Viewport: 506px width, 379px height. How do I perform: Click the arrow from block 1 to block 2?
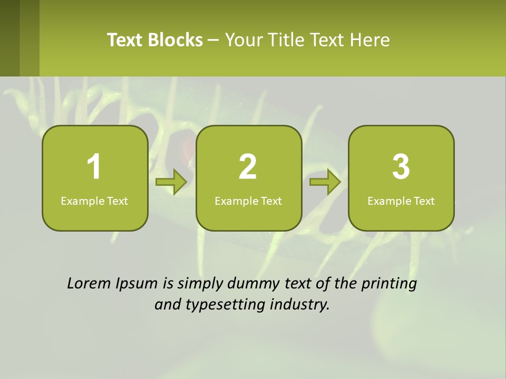point(171,182)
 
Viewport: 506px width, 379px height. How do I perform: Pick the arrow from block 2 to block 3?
point(325,182)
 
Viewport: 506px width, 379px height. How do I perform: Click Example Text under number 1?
point(94,201)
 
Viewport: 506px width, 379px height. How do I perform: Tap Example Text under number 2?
point(248,201)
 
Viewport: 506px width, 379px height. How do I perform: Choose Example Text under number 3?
point(401,201)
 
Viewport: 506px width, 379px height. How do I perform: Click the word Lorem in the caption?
point(89,284)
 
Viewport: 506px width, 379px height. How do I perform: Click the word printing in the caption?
point(388,284)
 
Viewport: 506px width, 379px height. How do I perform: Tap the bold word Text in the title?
point(125,40)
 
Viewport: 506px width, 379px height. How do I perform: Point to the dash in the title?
point(213,41)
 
